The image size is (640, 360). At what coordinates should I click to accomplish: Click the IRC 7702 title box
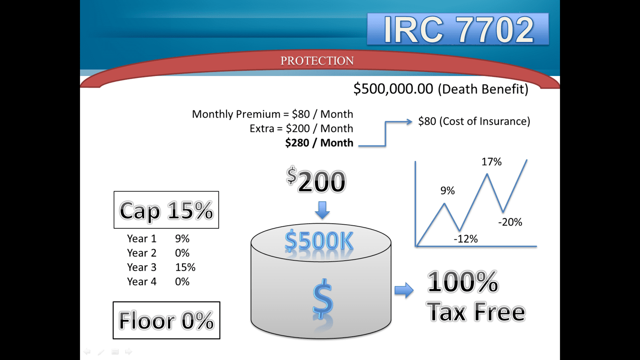(x=458, y=29)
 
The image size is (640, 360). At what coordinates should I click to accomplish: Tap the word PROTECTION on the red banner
(x=317, y=60)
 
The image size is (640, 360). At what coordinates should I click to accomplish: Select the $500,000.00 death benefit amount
(x=393, y=88)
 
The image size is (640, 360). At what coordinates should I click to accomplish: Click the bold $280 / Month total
(x=319, y=142)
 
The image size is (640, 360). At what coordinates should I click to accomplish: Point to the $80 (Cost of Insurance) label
(x=474, y=121)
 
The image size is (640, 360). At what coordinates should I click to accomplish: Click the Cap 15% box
(x=166, y=210)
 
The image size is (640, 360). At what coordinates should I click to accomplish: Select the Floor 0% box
(x=166, y=320)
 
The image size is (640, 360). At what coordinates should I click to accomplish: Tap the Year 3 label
(x=142, y=267)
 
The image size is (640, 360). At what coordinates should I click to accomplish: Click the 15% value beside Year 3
(x=185, y=267)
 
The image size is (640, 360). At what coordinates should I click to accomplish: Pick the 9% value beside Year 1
(x=182, y=238)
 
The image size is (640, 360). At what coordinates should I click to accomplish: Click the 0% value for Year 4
(x=182, y=282)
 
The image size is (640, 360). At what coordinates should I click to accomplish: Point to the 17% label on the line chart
(x=492, y=162)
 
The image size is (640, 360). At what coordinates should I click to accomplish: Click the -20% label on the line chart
(x=510, y=222)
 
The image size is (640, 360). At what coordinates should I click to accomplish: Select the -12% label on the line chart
(x=466, y=239)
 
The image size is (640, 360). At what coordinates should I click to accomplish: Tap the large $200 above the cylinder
(x=316, y=180)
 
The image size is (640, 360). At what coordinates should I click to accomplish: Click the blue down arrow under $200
(x=322, y=210)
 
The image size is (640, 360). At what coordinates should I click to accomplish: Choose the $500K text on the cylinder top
(x=319, y=241)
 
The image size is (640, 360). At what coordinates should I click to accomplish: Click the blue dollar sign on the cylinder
(x=323, y=299)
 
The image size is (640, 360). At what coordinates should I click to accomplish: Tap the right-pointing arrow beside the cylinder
(x=404, y=290)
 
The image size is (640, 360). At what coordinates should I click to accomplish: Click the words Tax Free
(x=476, y=312)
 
